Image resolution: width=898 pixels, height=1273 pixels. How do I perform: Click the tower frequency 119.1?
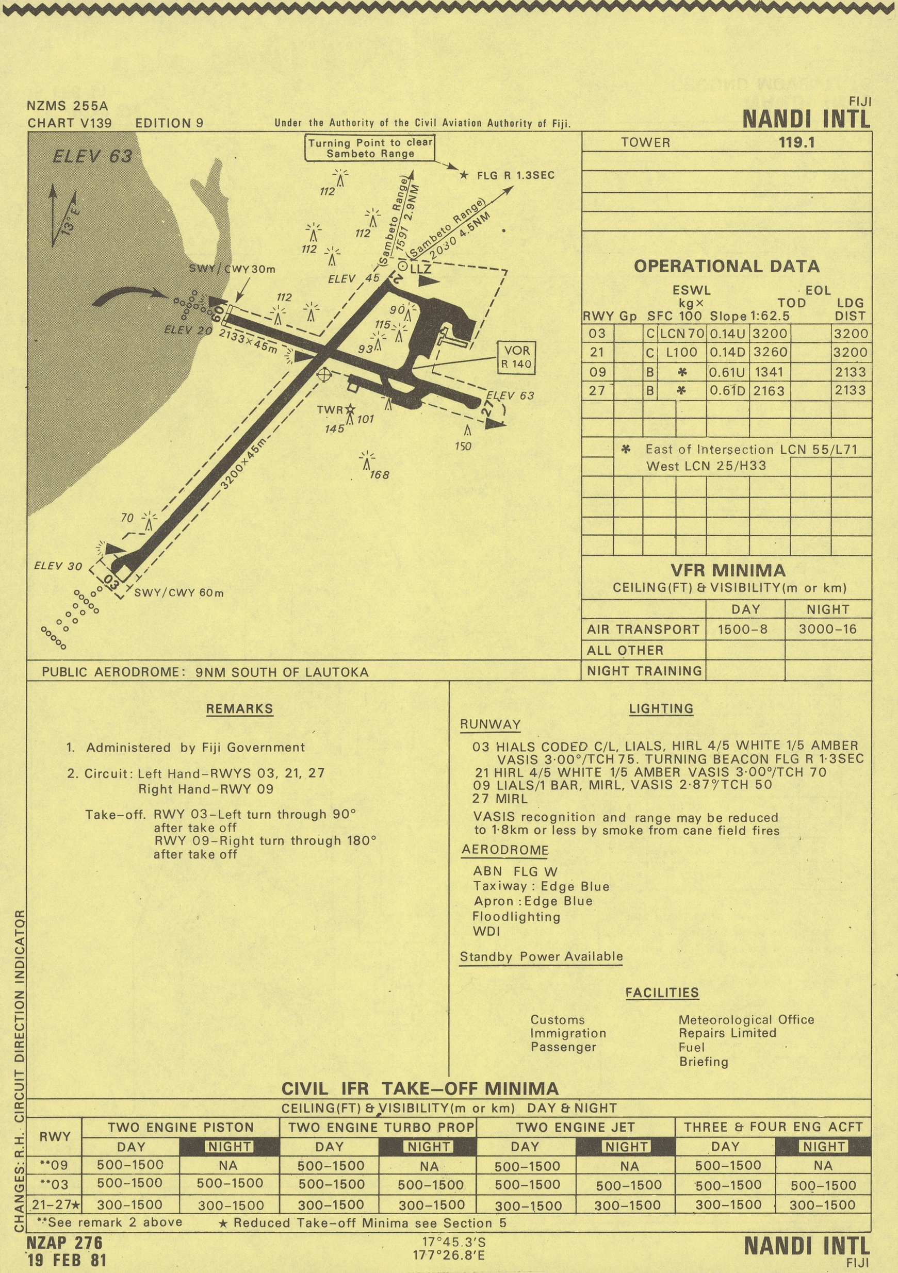coord(796,142)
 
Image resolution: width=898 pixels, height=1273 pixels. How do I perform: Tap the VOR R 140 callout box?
coord(516,358)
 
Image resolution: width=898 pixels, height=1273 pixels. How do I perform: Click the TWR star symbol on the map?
coord(350,409)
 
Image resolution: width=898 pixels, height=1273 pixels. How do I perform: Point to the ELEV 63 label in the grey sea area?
coord(93,157)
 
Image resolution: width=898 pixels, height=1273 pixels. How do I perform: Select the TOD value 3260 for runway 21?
coord(770,353)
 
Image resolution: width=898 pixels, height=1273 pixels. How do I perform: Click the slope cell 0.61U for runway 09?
coord(727,372)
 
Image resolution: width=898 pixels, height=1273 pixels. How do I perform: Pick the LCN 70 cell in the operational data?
coord(682,334)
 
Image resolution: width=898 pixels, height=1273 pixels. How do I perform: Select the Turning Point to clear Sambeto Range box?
coord(370,148)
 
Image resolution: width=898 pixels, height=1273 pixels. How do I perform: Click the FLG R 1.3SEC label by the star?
coord(515,176)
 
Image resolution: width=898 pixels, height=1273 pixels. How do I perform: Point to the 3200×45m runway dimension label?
coord(243,464)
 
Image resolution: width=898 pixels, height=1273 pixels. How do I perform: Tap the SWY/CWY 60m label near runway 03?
coord(179,593)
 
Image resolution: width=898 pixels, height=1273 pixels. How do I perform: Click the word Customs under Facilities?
coord(558,1020)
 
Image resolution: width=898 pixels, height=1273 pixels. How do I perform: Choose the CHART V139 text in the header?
coord(69,123)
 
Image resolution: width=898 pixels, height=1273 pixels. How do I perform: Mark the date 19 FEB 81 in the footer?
coord(66,1260)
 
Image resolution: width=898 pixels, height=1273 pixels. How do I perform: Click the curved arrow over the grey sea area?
coord(130,296)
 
